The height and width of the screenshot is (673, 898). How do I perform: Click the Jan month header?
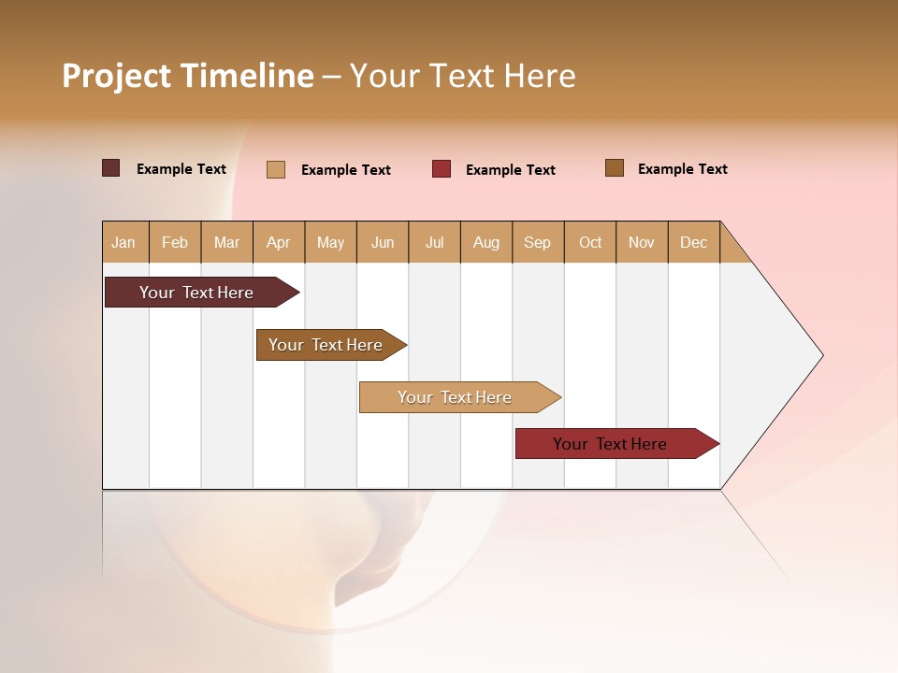124,242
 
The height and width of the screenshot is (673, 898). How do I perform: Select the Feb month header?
175,242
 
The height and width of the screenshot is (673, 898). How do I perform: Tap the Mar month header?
226,242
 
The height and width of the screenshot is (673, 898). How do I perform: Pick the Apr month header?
279,242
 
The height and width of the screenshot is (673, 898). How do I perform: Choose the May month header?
330,242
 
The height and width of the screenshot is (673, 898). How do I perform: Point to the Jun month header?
383,242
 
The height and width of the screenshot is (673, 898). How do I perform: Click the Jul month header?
434,242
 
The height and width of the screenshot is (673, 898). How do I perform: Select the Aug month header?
486,242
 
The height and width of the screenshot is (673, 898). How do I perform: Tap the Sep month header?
538,242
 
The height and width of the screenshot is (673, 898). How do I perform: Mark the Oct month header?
590,242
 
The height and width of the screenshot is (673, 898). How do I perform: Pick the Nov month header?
642,242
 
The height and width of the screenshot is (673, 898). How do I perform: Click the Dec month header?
694,242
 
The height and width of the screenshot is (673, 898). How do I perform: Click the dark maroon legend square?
111,168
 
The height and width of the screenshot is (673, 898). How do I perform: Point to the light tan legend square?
276,169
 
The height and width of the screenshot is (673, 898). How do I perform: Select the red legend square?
442,168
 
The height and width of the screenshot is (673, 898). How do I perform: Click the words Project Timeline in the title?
188,76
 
